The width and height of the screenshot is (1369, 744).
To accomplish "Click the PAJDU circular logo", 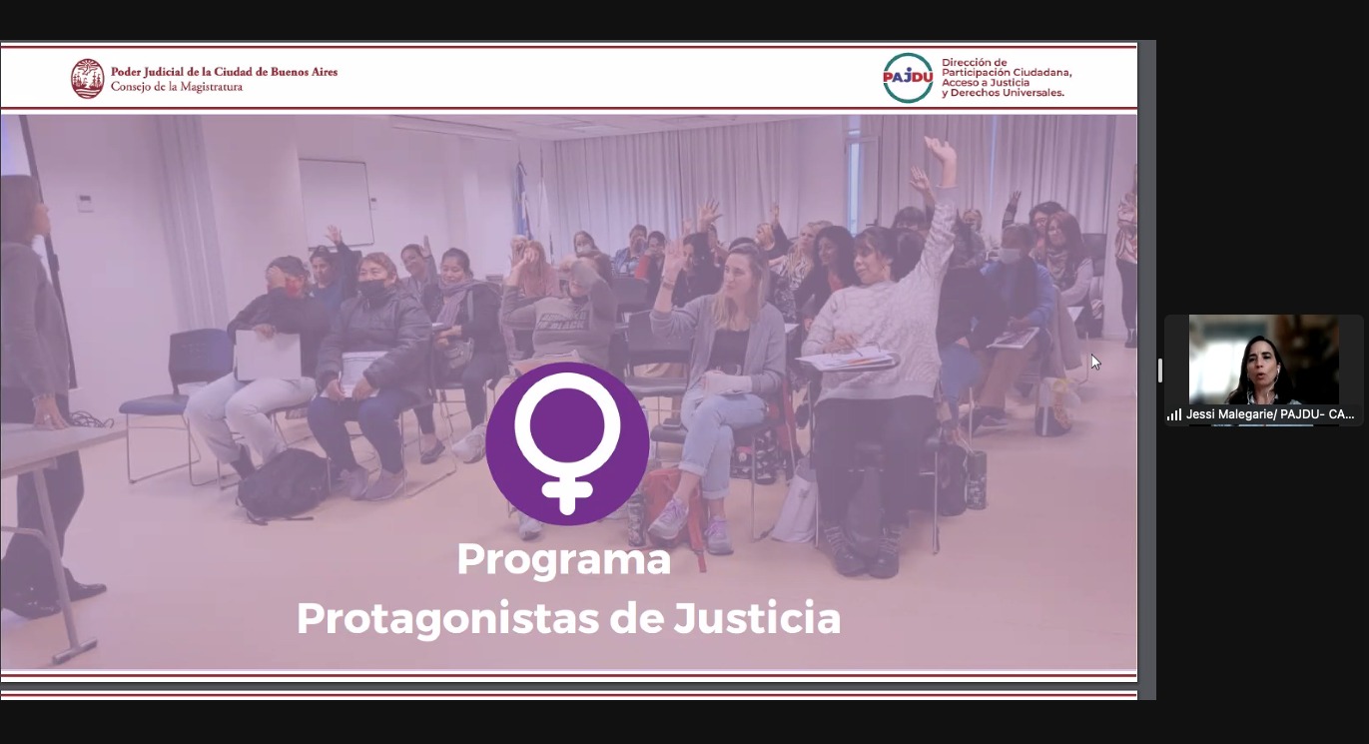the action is point(908,78).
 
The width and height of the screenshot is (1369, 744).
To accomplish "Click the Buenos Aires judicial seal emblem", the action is point(88,78).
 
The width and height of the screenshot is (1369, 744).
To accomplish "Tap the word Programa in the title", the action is point(563,559).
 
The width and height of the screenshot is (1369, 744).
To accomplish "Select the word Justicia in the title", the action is point(757,618).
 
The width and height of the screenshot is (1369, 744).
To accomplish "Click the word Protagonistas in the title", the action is point(447,620).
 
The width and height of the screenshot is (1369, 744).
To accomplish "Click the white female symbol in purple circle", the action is point(567,443).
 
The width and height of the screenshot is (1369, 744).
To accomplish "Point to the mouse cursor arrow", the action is point(1095,362).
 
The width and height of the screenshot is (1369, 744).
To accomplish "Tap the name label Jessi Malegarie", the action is point(1230,414).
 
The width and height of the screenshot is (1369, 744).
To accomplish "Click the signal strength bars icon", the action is point(1174,415).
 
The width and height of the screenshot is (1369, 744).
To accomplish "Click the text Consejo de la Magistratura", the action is point(177,87).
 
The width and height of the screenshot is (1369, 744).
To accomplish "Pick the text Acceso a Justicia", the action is point(986,83).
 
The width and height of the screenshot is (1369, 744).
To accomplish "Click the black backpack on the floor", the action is point(283,484).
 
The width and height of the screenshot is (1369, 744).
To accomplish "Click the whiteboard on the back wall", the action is point(337,203).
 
